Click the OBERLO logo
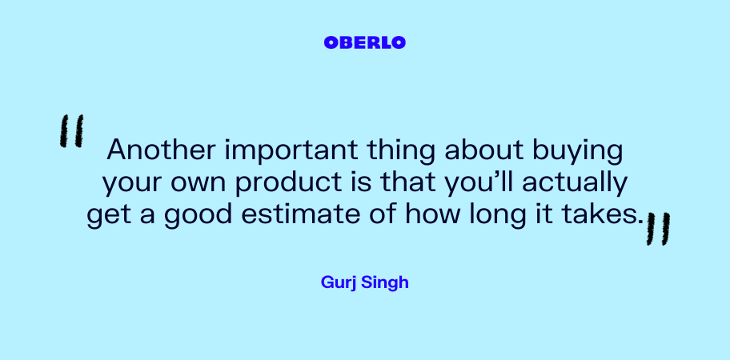click(364, 42)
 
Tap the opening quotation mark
click(72, 131)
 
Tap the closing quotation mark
click(658, 229)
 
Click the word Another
click(162, 150)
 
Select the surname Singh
click(385, 282)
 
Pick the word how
click(432, 215)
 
